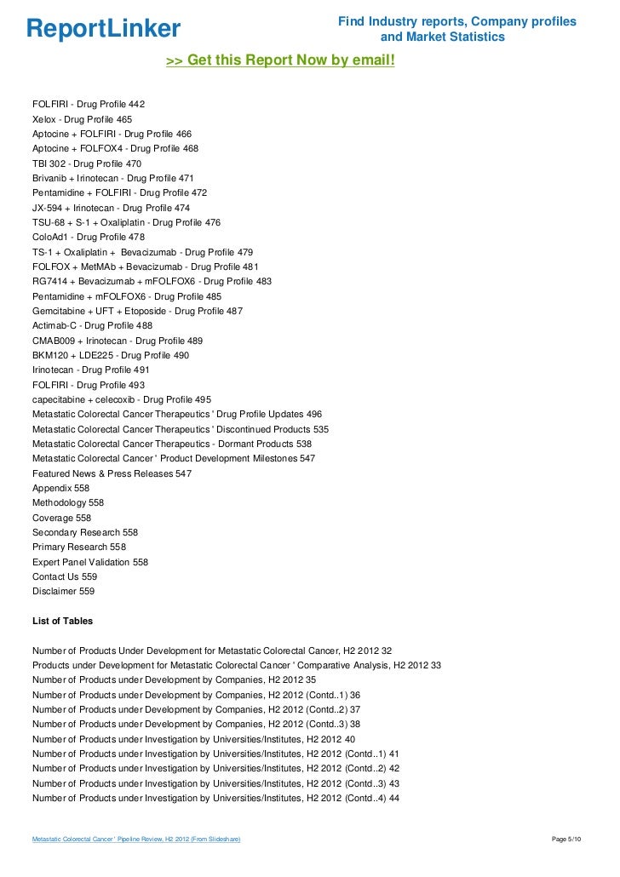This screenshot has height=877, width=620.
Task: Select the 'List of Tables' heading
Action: (62, 621)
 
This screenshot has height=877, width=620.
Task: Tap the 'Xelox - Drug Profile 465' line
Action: (82, 119)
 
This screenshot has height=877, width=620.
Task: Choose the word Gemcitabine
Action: (59, 311)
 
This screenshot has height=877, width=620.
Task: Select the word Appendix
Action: (52, 488)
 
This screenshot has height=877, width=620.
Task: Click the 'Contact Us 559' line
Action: (65, 576)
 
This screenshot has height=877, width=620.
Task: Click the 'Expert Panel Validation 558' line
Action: (90, 562)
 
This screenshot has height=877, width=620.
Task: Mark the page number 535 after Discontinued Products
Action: (320, 429)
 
